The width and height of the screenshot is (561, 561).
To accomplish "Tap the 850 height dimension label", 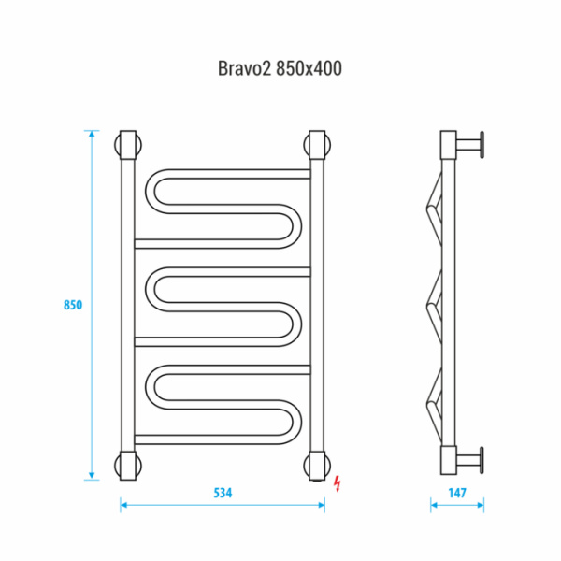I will [74, 305].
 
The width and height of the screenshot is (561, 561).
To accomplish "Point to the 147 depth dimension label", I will [455, 493].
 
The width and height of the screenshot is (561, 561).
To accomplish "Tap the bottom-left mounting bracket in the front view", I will [128, 463].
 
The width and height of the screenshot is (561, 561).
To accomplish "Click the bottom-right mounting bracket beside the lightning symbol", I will [316, 463].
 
